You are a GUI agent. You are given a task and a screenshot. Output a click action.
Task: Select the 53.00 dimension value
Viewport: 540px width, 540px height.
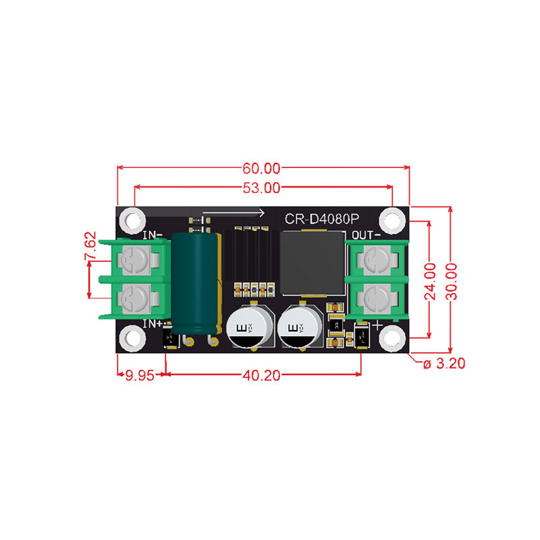(262, 188)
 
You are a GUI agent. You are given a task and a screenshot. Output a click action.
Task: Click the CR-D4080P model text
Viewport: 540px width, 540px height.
(322, 219)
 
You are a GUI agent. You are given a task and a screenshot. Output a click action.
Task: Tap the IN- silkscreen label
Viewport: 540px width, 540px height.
(153, 236)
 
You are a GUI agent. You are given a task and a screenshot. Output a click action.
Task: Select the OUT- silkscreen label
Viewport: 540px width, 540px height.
(367, 236)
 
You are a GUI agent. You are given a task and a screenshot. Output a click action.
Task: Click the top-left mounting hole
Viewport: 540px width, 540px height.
(130, 219)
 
